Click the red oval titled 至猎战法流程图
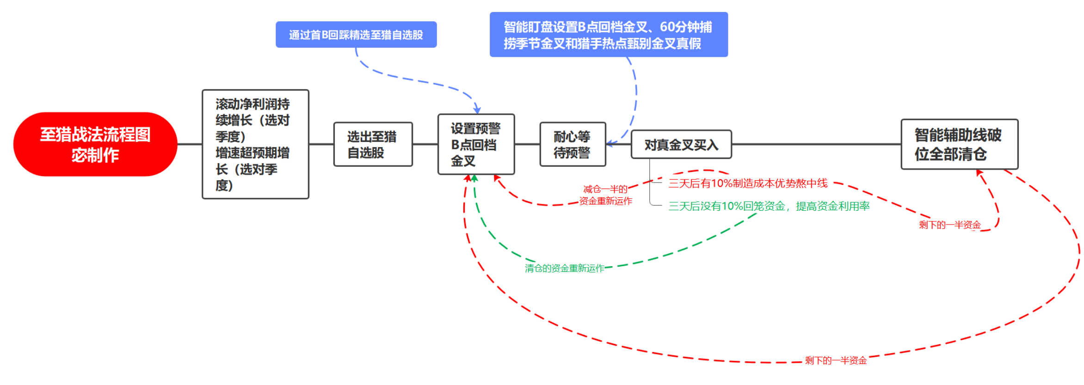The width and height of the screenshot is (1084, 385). point(95,144)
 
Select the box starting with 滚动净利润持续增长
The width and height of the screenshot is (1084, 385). point(255,144)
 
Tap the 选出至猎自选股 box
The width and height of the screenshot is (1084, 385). point(373,144)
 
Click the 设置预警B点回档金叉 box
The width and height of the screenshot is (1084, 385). point(476,144)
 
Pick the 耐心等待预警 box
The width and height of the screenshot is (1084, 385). point(573,144)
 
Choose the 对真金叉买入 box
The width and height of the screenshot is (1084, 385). point(681,145)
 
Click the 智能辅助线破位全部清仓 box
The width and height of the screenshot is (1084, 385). point(960,144)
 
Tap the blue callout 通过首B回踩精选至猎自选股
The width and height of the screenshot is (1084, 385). point(356,35)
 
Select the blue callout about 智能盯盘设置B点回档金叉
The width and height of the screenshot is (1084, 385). point(609,35)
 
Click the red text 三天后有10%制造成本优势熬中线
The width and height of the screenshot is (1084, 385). point(748,183)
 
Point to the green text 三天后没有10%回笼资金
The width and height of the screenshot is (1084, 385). point(727,206)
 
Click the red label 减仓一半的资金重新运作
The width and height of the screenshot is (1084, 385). point(605,195)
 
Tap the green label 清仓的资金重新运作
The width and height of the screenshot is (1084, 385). point(564,269)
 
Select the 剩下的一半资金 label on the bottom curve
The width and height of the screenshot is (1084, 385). point(836,361)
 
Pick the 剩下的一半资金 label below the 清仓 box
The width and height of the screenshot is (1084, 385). point(949,225)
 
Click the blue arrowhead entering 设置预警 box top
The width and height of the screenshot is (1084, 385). point(477,110)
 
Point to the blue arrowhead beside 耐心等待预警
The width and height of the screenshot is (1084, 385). point(610,143)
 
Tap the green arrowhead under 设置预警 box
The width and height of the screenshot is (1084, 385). point(474,178)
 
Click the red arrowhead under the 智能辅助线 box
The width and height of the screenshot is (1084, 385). point(979,172)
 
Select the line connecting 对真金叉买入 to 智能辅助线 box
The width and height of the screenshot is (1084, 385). point(816,144)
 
